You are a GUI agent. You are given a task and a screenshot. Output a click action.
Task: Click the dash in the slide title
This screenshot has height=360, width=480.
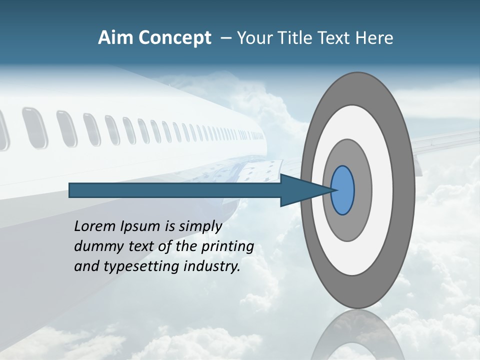point(225,38)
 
